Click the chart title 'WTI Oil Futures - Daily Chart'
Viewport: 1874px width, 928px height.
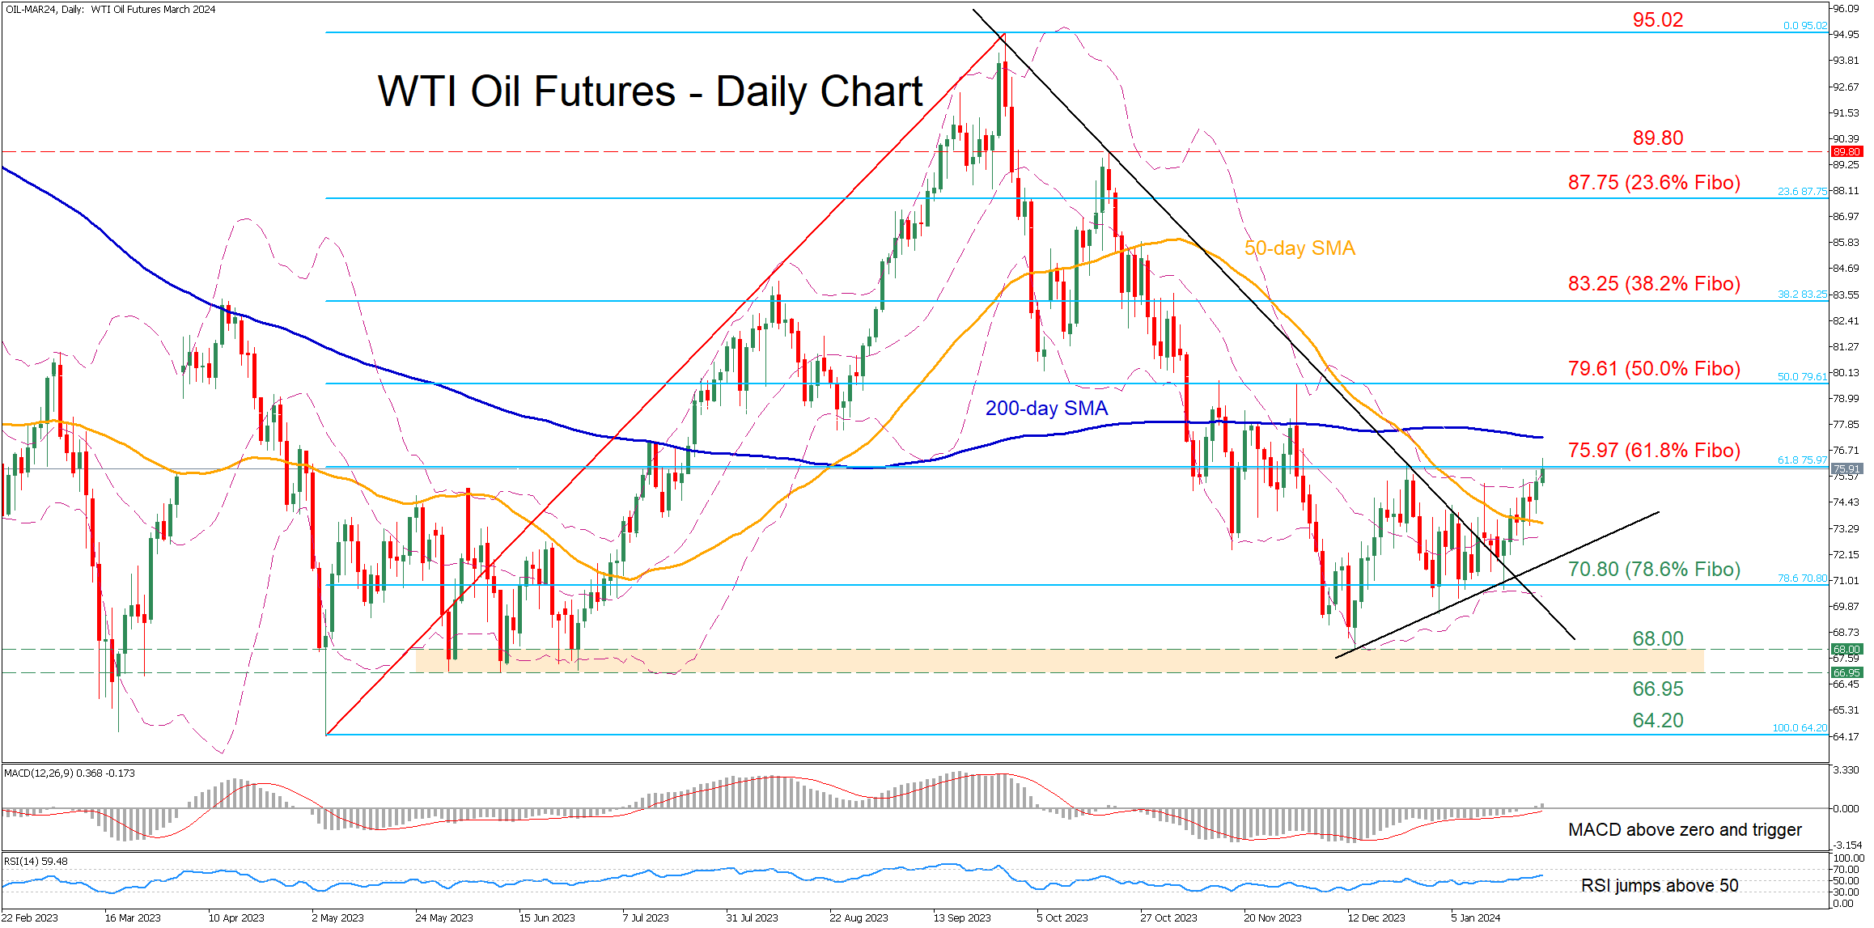(x=650, y=91)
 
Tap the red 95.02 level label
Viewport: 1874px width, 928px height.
(x=1657, y=19)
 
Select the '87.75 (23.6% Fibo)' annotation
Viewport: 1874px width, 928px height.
(x=1654, y=182)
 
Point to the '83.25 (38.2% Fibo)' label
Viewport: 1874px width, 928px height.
(x=1654, y=283)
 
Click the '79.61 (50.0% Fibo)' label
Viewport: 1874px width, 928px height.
(x=1654, y=368)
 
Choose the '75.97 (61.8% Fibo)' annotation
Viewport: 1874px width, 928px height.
(x=1654, y=450)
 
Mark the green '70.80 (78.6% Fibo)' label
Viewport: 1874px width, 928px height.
(x=1654, y=569)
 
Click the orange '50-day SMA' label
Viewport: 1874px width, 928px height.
(x=1300, y=248)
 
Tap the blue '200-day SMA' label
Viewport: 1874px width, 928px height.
(x=1046, y=408)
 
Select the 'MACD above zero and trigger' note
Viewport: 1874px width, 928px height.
(x=1685, y=829)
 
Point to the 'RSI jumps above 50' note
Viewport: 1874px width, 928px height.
(x=1660, y=885)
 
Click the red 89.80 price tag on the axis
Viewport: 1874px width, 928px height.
(x=1847, y=151)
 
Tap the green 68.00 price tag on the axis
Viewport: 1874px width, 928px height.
(x=1847, y=649)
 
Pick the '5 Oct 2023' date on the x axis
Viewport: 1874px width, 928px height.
(x=1062, y=917)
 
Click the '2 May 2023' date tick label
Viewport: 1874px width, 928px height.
(x=337, y=917)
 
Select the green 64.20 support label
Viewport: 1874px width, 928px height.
(x=1657, y=720)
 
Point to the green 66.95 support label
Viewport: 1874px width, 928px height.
(x=1657, y=689)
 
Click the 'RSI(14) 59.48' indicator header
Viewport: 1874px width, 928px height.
(x=36, y=861)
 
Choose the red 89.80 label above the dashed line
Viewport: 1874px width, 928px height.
(x=1657, y=138)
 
